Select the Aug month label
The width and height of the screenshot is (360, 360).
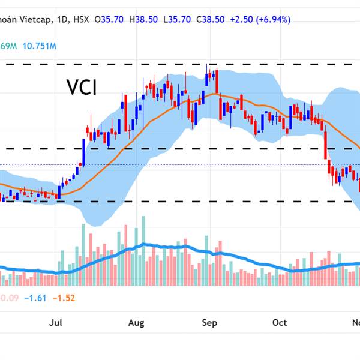click(x=136, y=323)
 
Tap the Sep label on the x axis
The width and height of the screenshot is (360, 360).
click(x=209, y=323)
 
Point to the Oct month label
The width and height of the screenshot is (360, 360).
click(x=280, y=323)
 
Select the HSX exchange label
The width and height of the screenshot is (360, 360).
click(x=80, y=19)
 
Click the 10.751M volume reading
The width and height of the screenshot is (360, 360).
click(x=41, y=46)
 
